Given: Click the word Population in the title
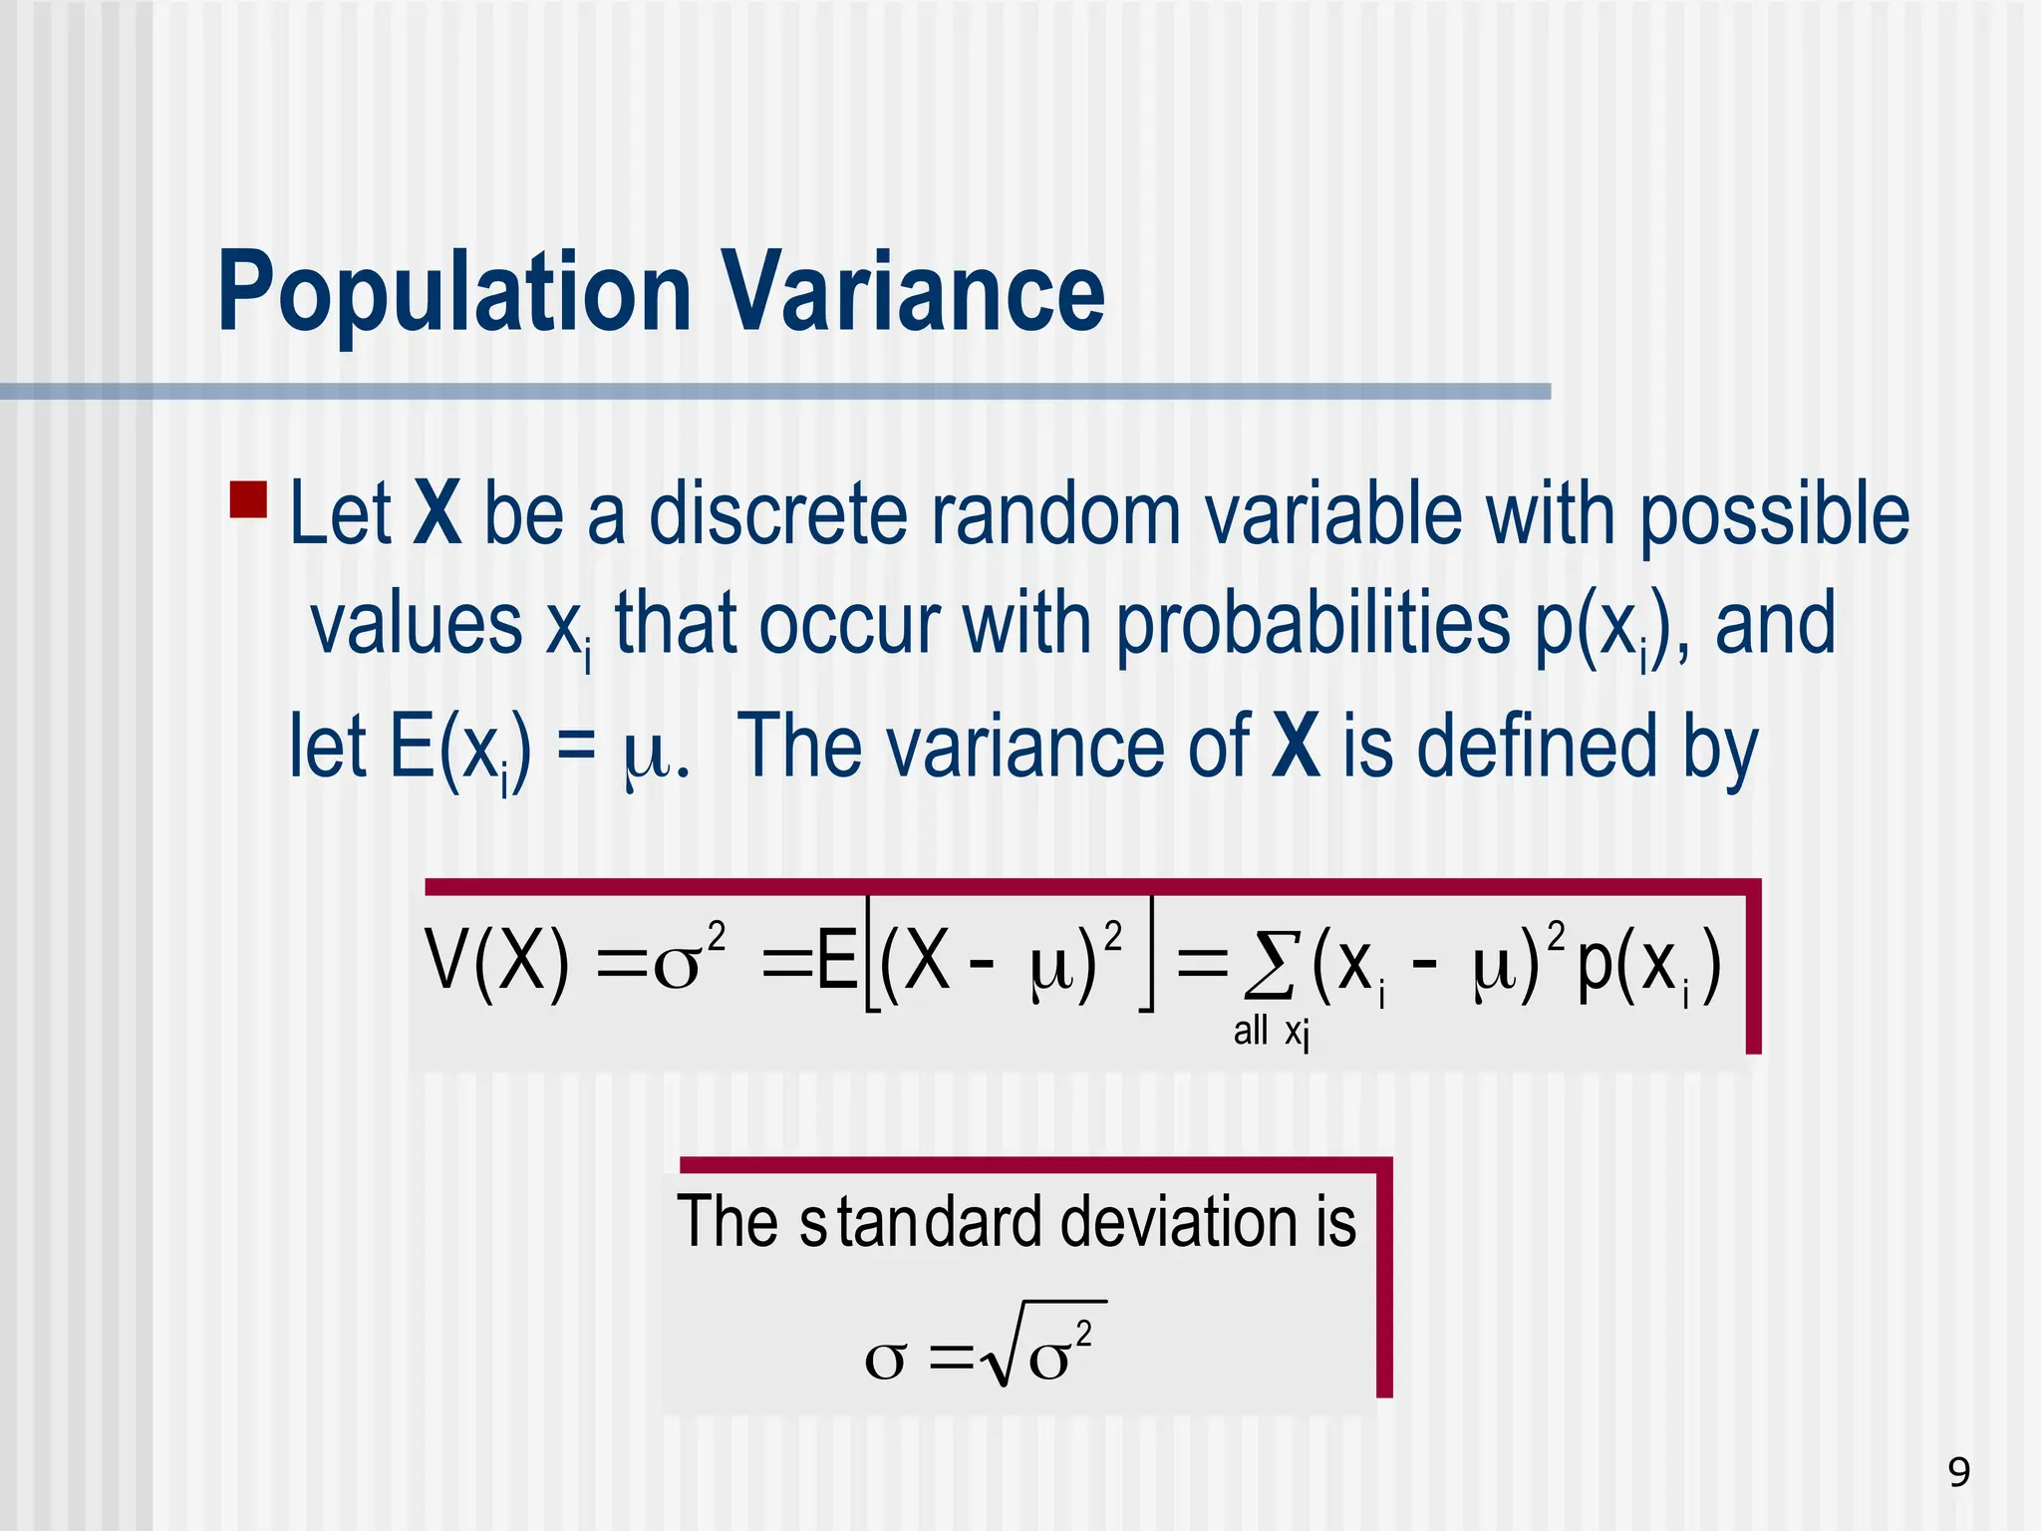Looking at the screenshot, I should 454,294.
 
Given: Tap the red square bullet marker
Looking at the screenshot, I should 248,499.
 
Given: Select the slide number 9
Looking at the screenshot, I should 1958,1472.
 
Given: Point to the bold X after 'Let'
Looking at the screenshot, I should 437,514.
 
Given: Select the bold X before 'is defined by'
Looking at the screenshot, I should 1296,748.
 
